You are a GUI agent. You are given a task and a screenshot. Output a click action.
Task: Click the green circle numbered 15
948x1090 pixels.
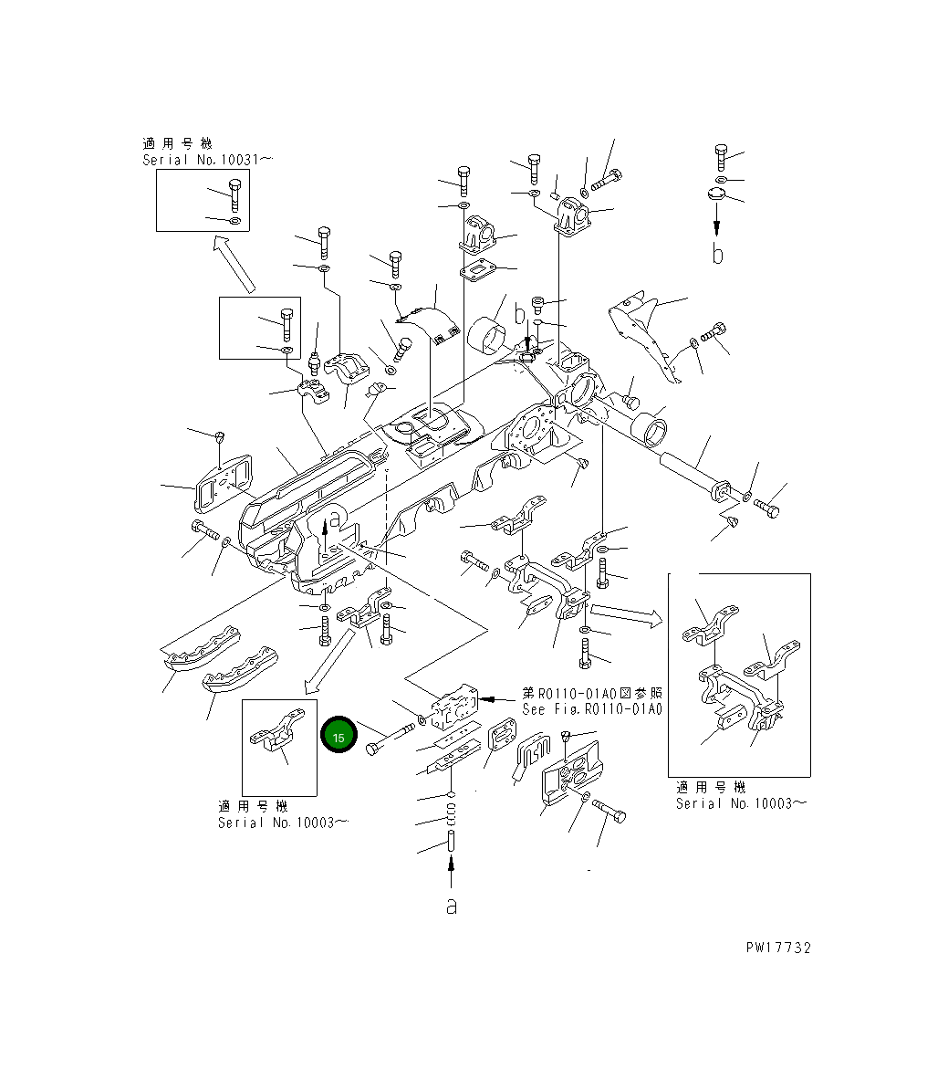click(x=339, y=735)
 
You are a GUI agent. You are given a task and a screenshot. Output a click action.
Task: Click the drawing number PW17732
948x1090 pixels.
click(x=777, y=948)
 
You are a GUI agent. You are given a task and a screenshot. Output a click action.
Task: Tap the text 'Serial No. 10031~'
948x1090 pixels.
click(x=208, y=160)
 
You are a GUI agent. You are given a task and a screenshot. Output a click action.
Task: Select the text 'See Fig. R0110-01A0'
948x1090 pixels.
click(x=592, y=708)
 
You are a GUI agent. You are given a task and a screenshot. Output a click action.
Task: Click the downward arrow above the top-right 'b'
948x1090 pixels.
click(x=717, y=219)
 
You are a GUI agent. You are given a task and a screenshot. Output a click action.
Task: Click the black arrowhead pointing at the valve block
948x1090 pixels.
click(x=498, y=699)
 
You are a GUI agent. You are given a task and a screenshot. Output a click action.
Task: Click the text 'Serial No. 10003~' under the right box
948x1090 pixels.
click(x=741, y=803)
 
